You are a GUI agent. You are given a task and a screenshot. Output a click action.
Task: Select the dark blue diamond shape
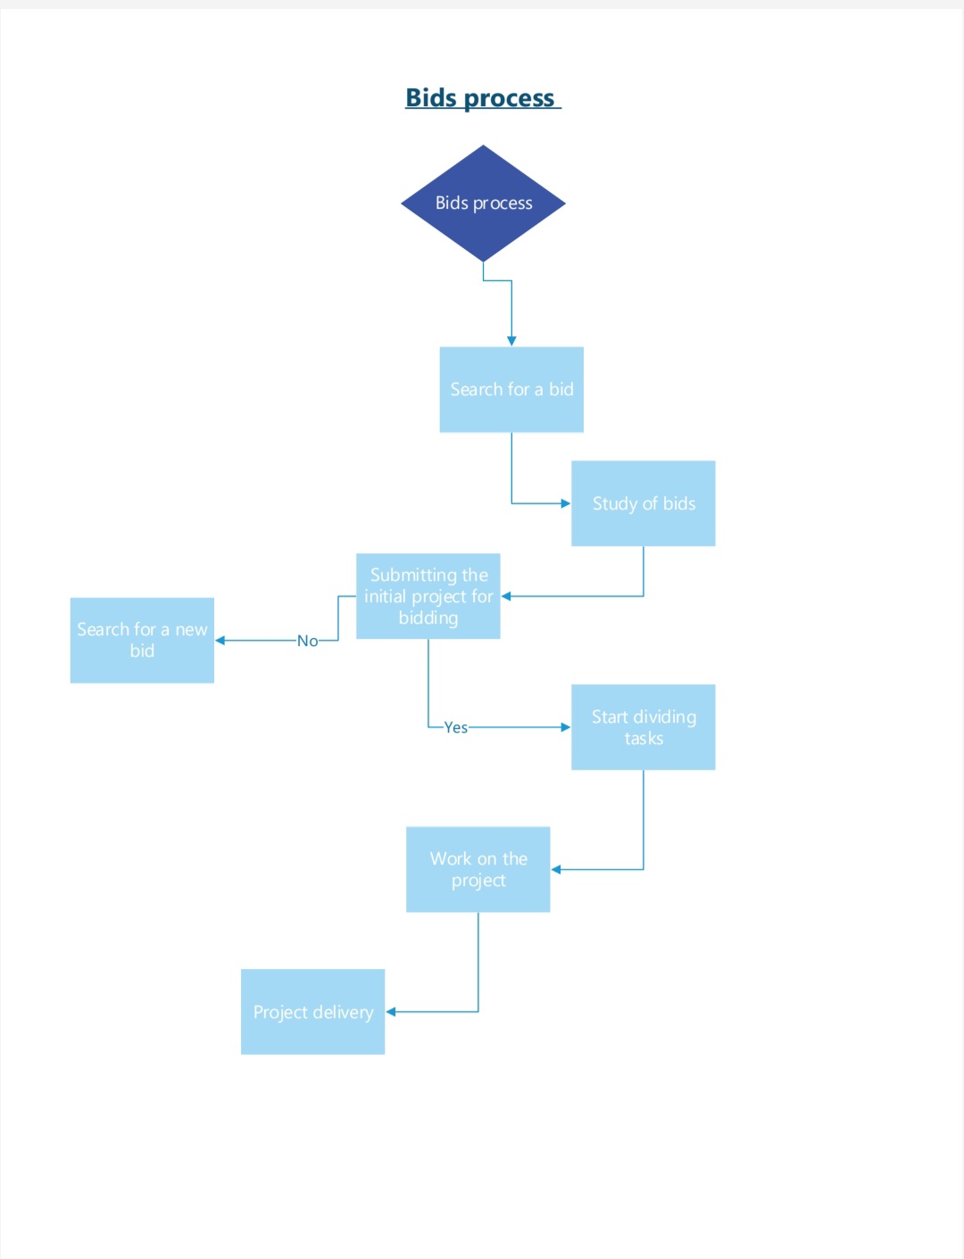483,203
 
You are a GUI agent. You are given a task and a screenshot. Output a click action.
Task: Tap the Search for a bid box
511,390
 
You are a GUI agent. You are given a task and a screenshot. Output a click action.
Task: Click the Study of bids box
643,503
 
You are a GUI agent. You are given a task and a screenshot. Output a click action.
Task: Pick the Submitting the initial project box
428,596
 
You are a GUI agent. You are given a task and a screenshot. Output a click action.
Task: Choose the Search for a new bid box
142,640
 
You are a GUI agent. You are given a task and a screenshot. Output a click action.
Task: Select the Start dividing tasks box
643,727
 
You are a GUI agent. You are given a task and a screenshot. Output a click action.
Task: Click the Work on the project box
478,869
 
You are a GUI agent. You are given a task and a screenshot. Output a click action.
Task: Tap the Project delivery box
312,1012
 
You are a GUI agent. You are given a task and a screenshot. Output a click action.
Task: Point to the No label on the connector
307,641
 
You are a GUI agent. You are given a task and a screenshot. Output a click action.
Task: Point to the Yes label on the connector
456,727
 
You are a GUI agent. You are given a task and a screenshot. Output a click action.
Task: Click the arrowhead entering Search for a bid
511,341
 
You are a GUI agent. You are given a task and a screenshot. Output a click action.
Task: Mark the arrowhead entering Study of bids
565,503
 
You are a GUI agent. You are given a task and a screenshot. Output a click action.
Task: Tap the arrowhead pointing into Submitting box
506,596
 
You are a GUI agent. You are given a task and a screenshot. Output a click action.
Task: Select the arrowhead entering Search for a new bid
220,641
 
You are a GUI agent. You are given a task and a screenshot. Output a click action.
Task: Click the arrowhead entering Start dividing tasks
565,727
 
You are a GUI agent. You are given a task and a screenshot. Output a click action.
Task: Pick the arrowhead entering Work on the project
556,869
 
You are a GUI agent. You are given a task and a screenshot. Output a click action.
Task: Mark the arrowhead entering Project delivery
391,1012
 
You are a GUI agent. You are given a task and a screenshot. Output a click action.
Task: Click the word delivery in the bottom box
343,1013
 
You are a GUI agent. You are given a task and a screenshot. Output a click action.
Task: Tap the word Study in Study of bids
614,504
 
